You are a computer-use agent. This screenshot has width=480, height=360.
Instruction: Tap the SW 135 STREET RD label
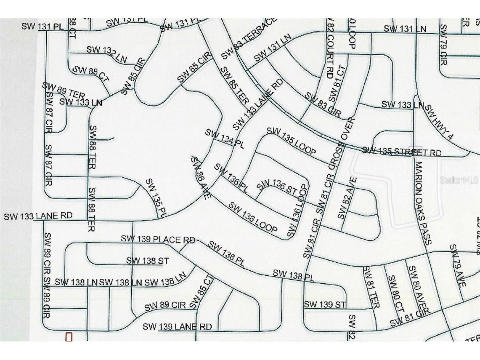(x=401, y=152)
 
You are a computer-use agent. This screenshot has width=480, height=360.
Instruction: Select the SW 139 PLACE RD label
(x=158, y=240)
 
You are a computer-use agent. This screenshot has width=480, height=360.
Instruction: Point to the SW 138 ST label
(x=147, y=261)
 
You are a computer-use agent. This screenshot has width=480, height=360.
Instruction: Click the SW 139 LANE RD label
(x=177, y=327)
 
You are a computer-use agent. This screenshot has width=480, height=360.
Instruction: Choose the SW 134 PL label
(x=225, y=139)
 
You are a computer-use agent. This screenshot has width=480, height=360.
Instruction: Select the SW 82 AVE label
(x=347, y=198)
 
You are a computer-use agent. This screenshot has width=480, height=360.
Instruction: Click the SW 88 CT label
(x=91, y=74)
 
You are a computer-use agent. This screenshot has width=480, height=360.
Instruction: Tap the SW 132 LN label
(x=106, y=54)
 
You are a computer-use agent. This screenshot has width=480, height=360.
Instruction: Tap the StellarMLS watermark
(x=459, y=180)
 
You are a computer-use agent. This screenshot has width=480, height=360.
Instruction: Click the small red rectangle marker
(x=69, y=337)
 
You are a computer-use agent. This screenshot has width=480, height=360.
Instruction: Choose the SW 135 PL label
(x=156, y=198)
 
